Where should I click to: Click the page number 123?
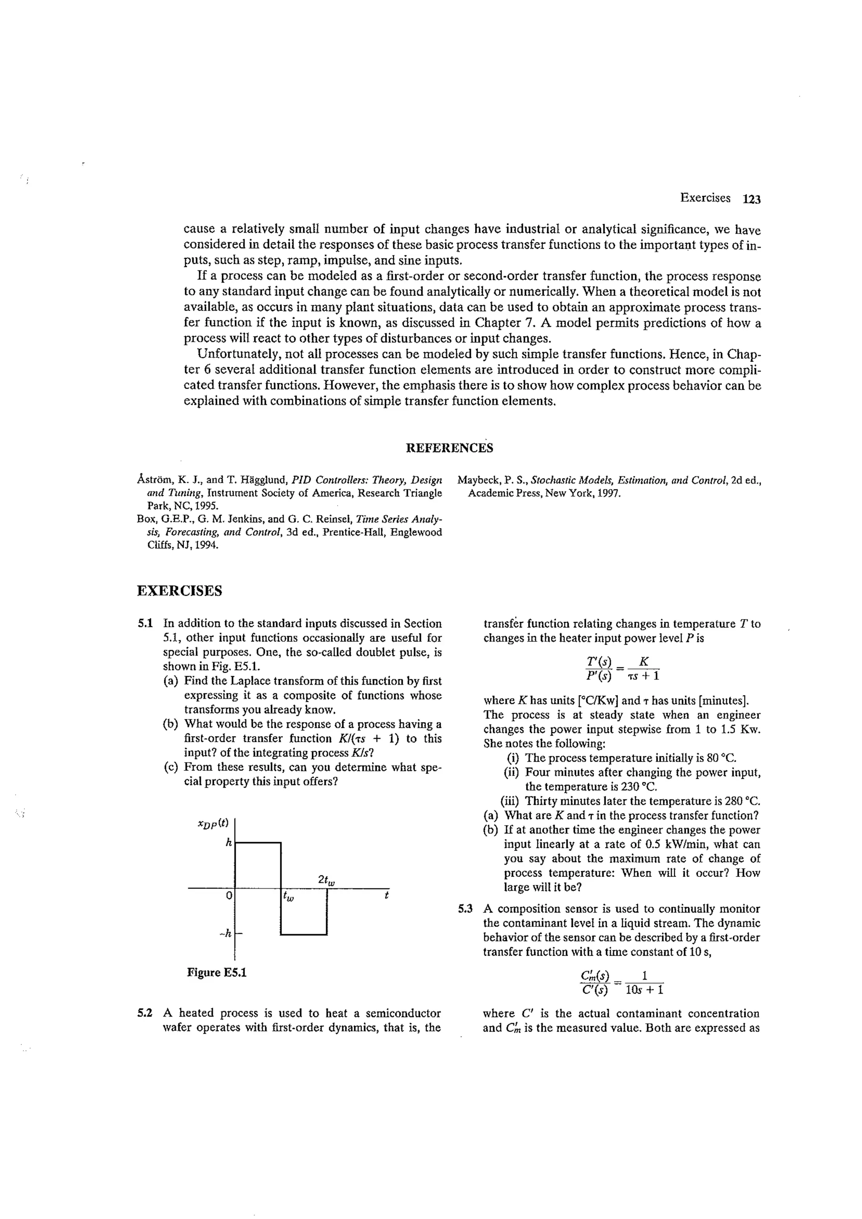(752, 199)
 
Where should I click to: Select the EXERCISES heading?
(180, 591)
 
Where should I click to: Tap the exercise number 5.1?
(145, 623)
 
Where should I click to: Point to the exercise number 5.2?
(145, 1013)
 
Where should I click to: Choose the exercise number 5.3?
(465, 908)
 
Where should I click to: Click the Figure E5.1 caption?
(217, 972)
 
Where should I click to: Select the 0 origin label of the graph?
(229, 896)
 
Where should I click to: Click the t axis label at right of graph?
(387, 895)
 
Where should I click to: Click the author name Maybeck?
(476, 481)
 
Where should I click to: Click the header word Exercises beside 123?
(705, 198)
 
